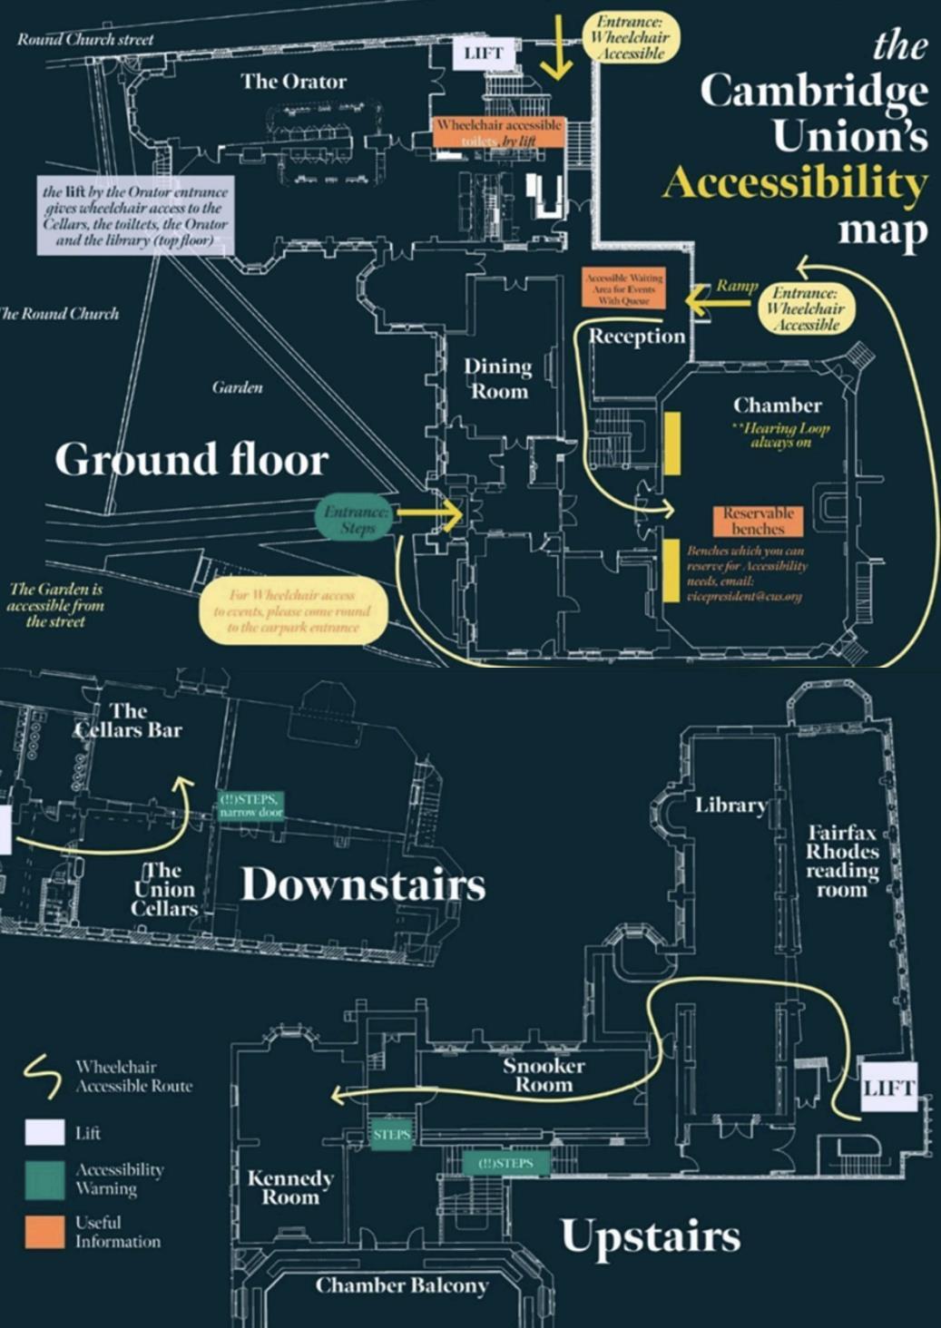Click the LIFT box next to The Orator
pyautogui.click(x=484, y=54)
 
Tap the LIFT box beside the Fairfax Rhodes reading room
pyautogui.click(x=888, y=1088)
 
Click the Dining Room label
pyautogui.click(x=498, y=378)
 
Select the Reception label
pyautogui.click(x=637, y=337)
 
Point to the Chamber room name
pyautogui.click(x=778, y=405)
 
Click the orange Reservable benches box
pyautogui.click(x=758, y=520)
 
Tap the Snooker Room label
pyautogui.click(x=544, y=1075)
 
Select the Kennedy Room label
pyautogui.click(x=290, y=1187)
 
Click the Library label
pyautogui.click(x=730, y=805)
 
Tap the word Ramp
pyautogui.click(x=737, y=285)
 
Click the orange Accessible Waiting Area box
pyautogui.click(x=623, y=288)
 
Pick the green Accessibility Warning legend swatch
pyautogui.click(x=44, y=1179)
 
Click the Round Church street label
pyautogui.click(x=85, y=39)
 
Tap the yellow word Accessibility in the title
pyautogui.click(x=795, y=183)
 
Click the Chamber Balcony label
pyautogui.click(x=401, y=1284)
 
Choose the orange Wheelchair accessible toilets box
pyautogui.click(x=498, y=132)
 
